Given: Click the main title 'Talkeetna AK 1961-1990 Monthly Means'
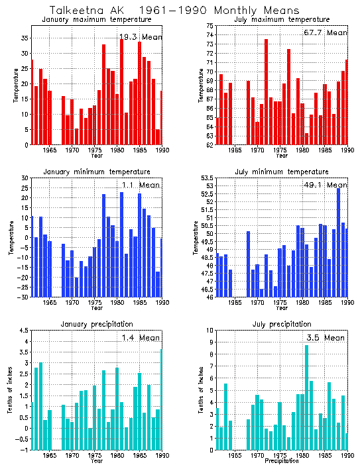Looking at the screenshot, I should click(x=174, y=10).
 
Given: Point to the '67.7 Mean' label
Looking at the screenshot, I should click(x=328, y=32).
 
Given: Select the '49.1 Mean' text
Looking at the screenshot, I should click(x=328, y=185).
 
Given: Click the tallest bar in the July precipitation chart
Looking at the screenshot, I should click(x=306, y=397).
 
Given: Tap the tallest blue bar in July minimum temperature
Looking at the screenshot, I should click(x=338, y=242).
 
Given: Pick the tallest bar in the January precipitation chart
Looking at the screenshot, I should click(x=161, y=399).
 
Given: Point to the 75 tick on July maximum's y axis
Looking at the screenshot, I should click(x=209, y=26).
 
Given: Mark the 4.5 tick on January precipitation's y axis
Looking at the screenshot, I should click(x=23, y=331).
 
